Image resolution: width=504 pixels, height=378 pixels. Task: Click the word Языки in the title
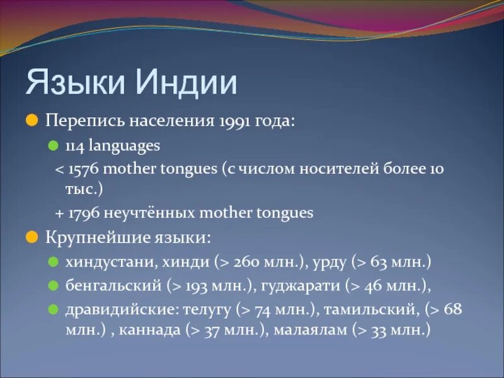click(75, 82)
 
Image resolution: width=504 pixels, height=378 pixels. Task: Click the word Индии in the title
click(186, 82)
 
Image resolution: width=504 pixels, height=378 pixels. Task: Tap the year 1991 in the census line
click(235, 122)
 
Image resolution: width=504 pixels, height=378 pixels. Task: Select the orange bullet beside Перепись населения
click(32, 121)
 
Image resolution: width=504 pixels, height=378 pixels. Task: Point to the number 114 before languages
click(75, 146)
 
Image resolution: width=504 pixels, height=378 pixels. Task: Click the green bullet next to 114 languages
click(54, 146)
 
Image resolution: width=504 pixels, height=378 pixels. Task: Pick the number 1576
click(83, 169)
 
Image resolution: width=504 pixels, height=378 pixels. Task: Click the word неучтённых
click(149, 213)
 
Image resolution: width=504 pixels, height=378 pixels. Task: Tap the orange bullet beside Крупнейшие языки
click(32, 238)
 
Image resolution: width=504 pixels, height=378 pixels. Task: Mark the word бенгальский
click(113, 285)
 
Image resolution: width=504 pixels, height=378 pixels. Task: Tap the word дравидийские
click(122, 309)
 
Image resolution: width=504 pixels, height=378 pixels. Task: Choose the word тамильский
click(371, 309)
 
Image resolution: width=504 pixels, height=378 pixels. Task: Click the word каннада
click(149, 330)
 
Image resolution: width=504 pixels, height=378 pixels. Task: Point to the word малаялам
click(311, 330)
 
